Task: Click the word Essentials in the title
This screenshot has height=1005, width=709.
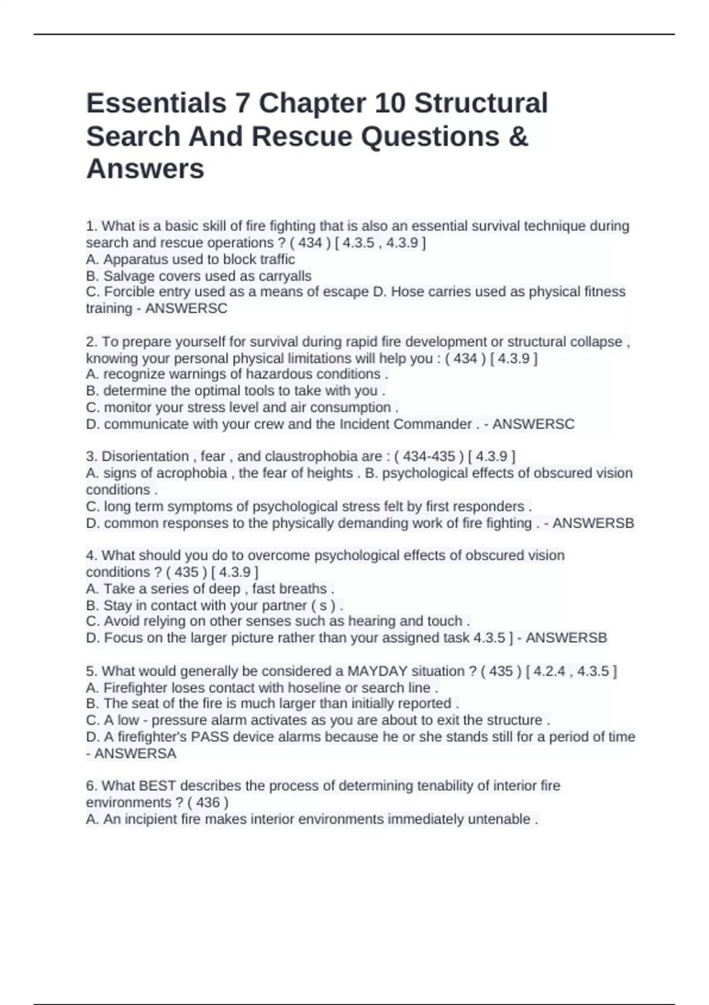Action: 156,103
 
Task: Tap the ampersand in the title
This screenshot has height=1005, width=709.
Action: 517,137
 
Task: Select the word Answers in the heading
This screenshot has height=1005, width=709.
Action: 145,169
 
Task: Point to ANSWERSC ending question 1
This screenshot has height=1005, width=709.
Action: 186,309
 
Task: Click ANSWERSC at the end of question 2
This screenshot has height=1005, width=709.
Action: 533,424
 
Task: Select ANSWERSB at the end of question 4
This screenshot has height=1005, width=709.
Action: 566,638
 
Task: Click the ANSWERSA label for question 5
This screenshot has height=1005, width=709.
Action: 135,754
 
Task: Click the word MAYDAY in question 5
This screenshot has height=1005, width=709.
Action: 378,672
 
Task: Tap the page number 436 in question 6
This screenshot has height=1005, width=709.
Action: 207,803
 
